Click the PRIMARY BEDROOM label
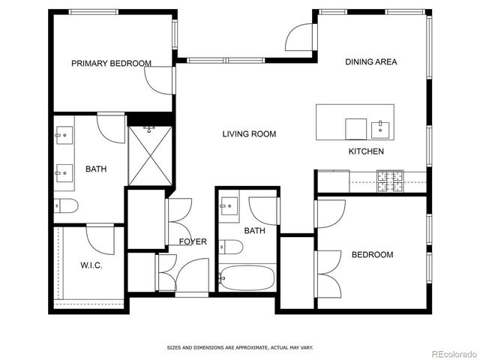pyautogui.click(x=111, y=64)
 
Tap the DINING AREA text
pyautogui.click(x=370, y=62)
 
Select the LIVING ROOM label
pyautogui.click(x=249, y=134)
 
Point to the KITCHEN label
pyautogui.click(x=366, y=151)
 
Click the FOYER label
pyautogui.click(x=192, y=241)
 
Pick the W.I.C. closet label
pyautogui.click(x=91, y=266)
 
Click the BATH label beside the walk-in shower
pyautogui.click(x=95, y=169)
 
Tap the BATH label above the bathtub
pyautogui.click(x=254, y=231)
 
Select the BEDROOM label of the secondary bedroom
pyautogui.click(x=372, y=255)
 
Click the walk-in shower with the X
pyautogui.click(x=150, y=156)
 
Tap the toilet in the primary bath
pyautogui.click(x=65, y=205)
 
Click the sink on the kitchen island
pyautogui.click(x=381, y=130)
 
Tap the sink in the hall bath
pyautogui.click(x=229, y=204)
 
